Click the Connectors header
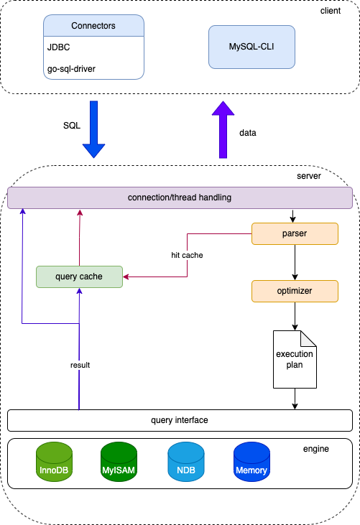(x=93, y=25)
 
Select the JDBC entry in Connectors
(x=59, y=47)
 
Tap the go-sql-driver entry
(x=71, y=69)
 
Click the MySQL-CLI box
(x=251, y=47)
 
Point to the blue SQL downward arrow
(x=93, y=129)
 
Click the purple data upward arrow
(x=223, y=129)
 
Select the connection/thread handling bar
(x=180, y=198)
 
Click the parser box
(x=295, y=233)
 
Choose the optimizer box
(x=295, y=291)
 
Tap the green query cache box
(x=79, y=277)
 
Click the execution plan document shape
(x=295, y=359)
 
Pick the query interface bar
(x=180, y=420)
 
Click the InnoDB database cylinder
(x=54, y=462)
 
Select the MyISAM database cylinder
(x=119, y=462)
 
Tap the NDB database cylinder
(x=186, y=462)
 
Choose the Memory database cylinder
(x=251, y=462)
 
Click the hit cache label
(x=187, y=255)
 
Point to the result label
(x=80, y=365)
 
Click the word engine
(x=315, y=449)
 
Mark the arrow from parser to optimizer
(x=295, y=263)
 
